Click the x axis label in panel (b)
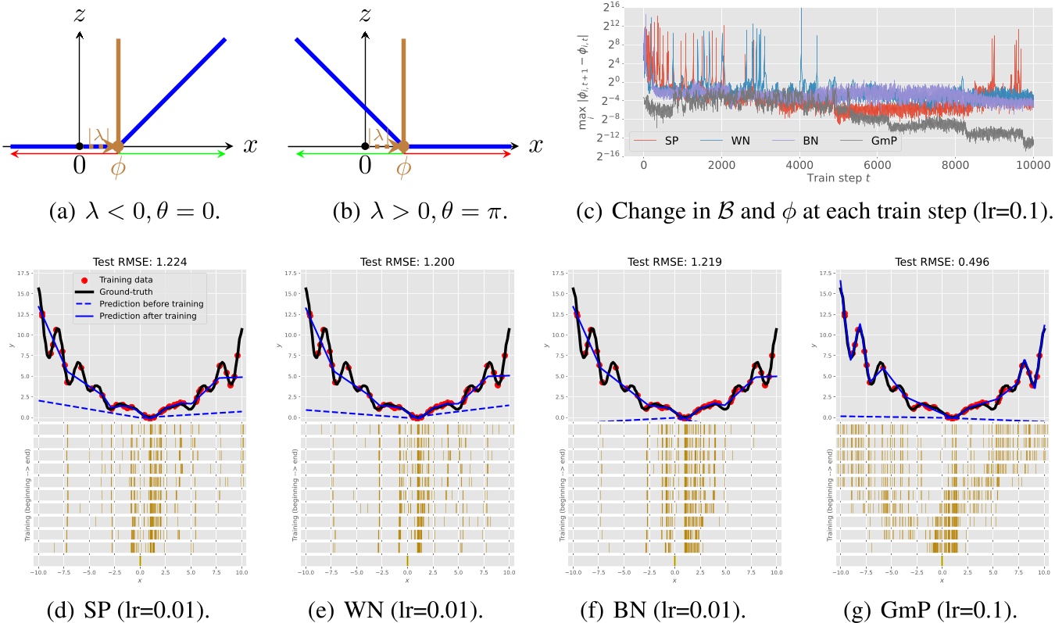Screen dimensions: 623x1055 [535, 145]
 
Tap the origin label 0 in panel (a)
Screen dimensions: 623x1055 [79, 166]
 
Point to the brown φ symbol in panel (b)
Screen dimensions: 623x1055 [404, 168]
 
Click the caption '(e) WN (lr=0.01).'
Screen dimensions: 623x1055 [406, 608]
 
